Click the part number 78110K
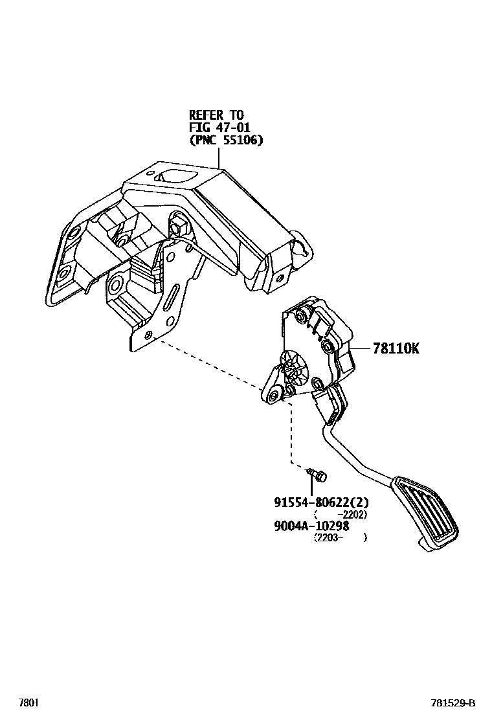point(396,348)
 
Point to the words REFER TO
point(216,115)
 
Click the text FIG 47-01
point(219,127)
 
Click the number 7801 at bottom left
point(28,703)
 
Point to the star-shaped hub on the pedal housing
point(294,368)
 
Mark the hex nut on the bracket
point(177,227)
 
